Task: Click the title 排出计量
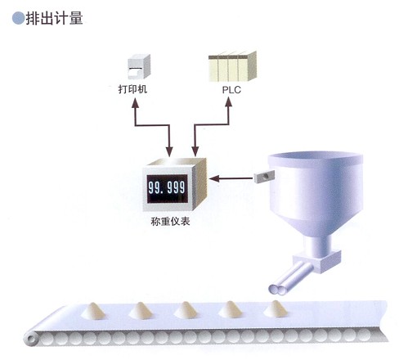tap(54, 19)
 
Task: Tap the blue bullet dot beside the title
tap(18, 18)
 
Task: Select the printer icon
tap(139, 66)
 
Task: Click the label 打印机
tap(132, 89)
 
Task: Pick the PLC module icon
tap(232, 66)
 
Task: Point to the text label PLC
tap(231, 90)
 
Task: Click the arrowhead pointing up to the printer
tap(135, 103)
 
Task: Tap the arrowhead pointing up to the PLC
tap(228, 101)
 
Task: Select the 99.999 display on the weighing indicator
tap(167, 188)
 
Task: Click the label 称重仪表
tap(170, 221)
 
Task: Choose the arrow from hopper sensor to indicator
tap(231, 179)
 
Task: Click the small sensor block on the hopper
tap(264, 176)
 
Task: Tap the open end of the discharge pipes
tap(276, 290)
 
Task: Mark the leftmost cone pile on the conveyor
tap(93, 311)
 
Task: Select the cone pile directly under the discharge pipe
tap(276, 309)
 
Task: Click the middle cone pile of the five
tap(186, 310)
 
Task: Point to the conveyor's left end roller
tap(32, 339)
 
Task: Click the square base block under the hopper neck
tap(317, 262)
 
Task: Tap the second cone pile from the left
tap(141, 310)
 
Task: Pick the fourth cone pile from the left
tap(231, 309)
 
